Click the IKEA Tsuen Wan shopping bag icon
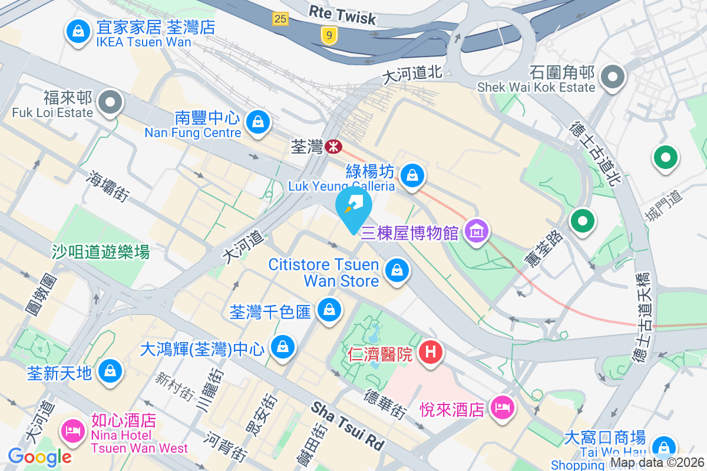tap(78, 32)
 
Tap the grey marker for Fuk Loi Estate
tap(110, 103)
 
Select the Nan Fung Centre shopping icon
tap(257, 122)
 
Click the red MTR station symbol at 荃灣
tap(334, 146)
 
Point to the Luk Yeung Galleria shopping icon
tap(412, 175)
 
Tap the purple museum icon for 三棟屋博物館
tap(477, 231)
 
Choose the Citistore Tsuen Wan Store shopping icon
tap(397, 271)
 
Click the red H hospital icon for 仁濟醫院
tap(431, 353)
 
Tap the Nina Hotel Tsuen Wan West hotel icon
tap(74, 430)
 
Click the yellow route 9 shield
tap(329, 36)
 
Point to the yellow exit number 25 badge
tap(280, 19)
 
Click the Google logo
tap(39, 456)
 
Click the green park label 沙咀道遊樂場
tap(100, 253)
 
